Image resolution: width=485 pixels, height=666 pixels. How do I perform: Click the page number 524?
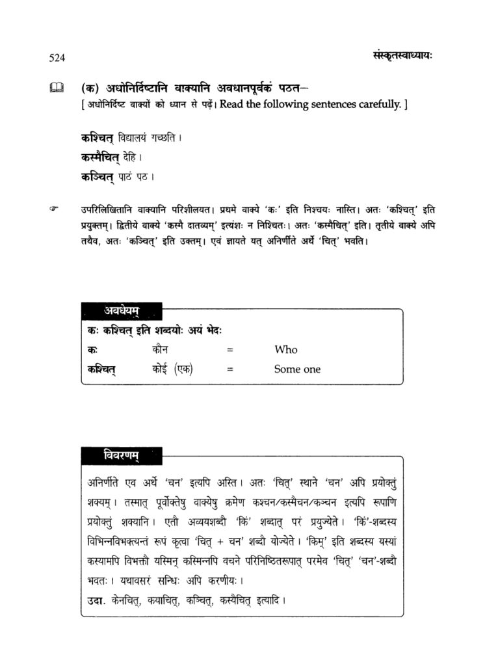tap(57, 58)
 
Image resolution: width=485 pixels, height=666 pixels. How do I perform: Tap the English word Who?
tap(285, 350)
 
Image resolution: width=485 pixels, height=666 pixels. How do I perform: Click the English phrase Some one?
tap(297, 369)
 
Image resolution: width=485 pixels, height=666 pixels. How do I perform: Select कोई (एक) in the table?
tap(170, 369)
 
